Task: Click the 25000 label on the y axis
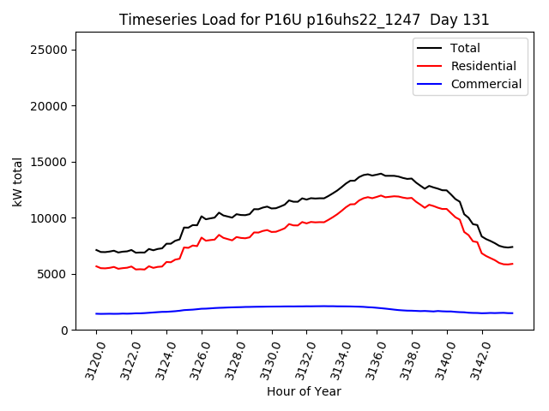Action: [x=49, y=50]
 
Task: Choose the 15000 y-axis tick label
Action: [x=49, y=162]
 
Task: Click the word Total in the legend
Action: [x=465, y=48]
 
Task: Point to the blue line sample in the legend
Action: [x=431, y=84]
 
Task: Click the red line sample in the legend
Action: [x=431, y=66]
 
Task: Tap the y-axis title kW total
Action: [x=17, y=182]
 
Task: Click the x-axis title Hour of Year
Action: [x=304, y=391]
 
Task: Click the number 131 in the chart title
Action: [x=476, y=20]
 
